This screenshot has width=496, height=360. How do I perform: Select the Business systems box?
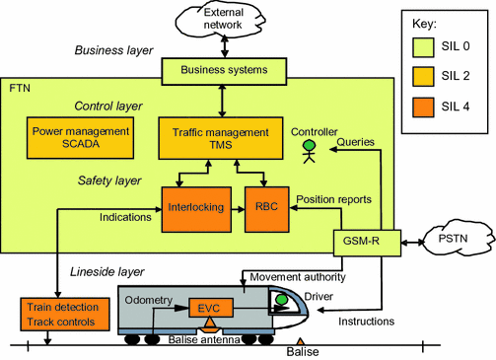point(224,70)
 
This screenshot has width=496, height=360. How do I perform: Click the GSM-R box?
point(359,243)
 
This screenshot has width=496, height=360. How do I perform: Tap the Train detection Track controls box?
point(58,315)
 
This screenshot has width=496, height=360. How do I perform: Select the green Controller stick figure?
point(307,150)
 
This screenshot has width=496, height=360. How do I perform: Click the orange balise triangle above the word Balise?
point(301,340)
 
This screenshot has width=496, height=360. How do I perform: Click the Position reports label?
point(333,198)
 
